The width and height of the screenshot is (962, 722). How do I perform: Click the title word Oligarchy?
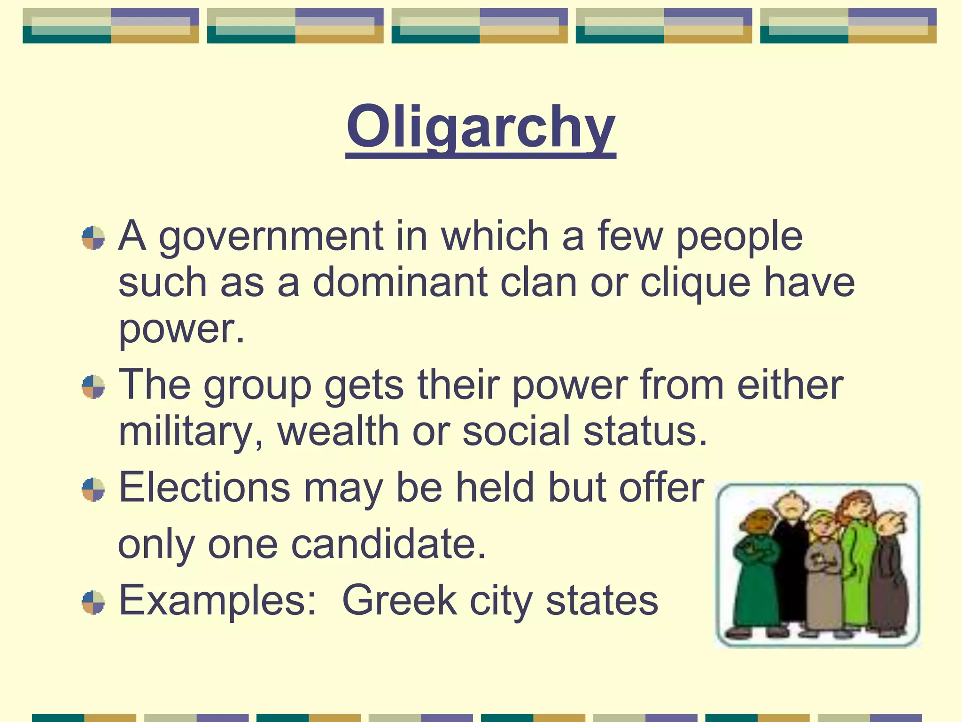pyautogui.click(x=481, y=127)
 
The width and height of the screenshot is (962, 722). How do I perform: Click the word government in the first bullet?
pyautogui.click(x=271, y=236)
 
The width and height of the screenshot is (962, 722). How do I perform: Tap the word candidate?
pyautogui.click(x=388, y=544)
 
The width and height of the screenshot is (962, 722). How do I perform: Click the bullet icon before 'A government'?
pyautogui.click(x=93, y=238)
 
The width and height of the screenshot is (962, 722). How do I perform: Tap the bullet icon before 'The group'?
pyautogui.click(x=93, y=386)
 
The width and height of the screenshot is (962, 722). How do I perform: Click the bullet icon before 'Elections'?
pyautogui.click(x=93, y=489)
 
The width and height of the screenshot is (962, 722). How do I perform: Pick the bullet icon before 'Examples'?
pyautogui.click(x=93, y=602)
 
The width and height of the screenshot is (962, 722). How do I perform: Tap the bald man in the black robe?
pyautogui.click(x=791, y=555)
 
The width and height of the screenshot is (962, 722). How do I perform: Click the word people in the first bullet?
pyautogui.click(x=739, y=236)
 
